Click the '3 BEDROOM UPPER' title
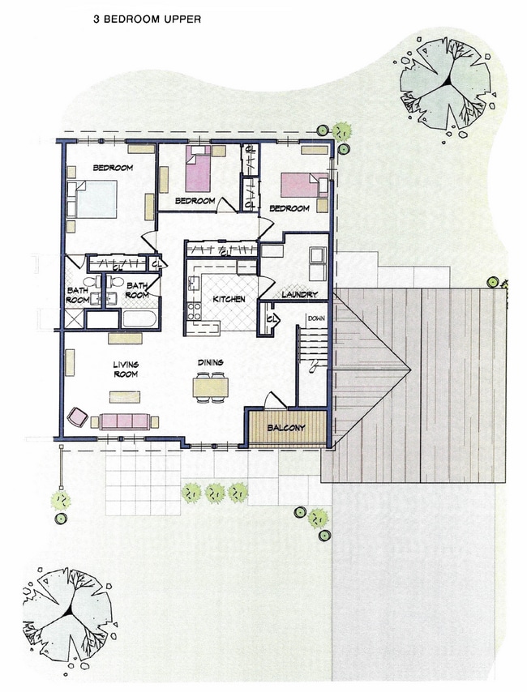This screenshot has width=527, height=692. coord(147,16)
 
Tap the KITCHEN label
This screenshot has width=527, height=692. coord(229,300)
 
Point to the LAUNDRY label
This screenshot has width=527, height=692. coord(298,294)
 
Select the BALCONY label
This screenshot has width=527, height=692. coord(287,428)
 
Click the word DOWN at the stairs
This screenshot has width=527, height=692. coord(315,319)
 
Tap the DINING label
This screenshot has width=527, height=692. coord(210,362)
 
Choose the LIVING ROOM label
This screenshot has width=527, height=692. coord(125,369)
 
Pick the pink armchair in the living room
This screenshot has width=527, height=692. coord(79,416)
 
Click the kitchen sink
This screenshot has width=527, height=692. coord(195,283)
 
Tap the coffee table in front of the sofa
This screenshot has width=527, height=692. coord(125,396)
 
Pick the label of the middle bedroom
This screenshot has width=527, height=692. coord(195,201)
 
